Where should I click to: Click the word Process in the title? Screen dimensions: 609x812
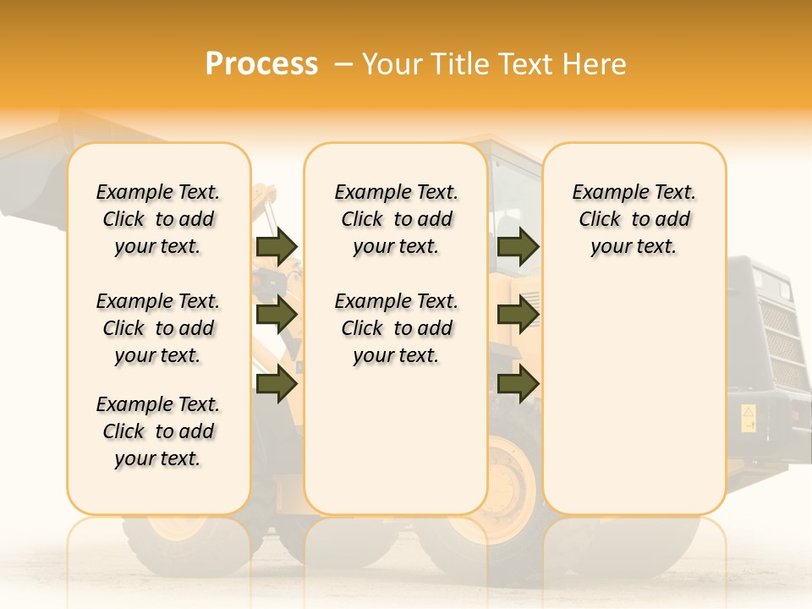[x=261, y=63]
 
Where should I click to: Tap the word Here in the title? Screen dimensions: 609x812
[x=595, y=64]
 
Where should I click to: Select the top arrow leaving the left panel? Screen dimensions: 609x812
[x=277, y=246]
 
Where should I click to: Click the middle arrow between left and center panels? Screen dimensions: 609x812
[x=277, y=315]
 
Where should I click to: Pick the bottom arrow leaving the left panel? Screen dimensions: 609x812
[x=277, y=383]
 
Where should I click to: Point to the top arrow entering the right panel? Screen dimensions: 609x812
[x=518, y=246]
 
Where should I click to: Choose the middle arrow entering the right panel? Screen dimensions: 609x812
[x=518, y=315]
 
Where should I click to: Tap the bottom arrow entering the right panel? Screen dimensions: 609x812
[x=518, y=383]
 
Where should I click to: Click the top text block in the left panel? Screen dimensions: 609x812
[x=158, y=219]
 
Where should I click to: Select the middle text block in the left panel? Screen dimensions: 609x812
[x=158, y=328]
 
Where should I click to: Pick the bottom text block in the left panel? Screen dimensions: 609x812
[x=158, y=431]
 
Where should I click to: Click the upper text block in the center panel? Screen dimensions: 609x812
[x=396, y=219]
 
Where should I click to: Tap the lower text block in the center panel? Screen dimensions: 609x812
[x=396, y=328]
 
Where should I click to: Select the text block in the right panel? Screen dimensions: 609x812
[x=634, y=219]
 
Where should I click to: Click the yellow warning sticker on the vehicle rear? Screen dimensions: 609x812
[x=749, y=418]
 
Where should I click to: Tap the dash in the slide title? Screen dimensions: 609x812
[x=343, y=64]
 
